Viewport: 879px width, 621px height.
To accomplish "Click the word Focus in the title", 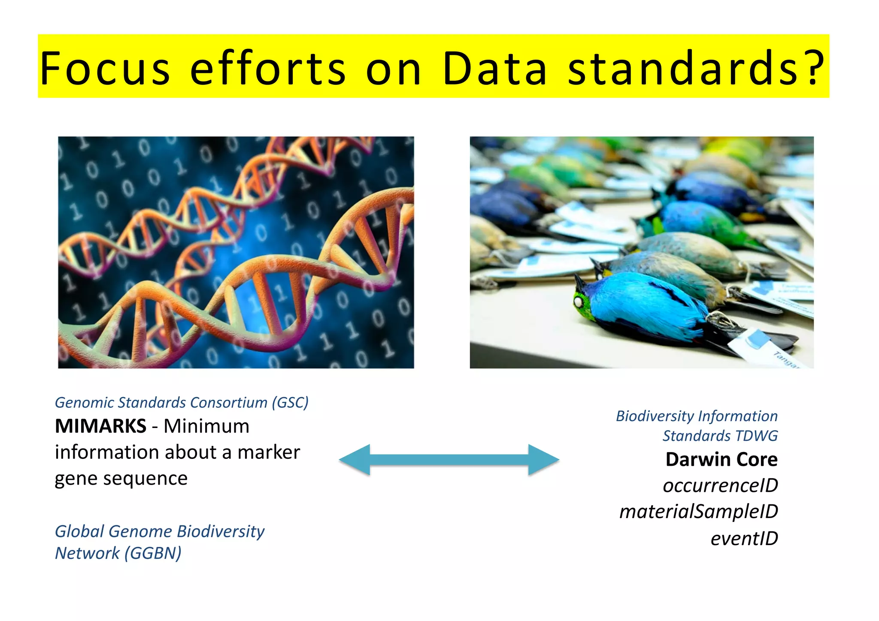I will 105,69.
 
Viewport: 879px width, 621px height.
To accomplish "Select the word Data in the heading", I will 494,69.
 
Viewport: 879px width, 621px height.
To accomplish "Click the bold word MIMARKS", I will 100,426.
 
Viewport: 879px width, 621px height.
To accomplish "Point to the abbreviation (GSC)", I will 290,403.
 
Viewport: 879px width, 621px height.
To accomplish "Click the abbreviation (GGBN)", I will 153,553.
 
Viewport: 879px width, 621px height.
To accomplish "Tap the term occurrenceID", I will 720,485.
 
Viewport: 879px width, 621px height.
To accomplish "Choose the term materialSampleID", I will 698,512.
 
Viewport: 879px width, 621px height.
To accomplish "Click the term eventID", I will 744,539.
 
